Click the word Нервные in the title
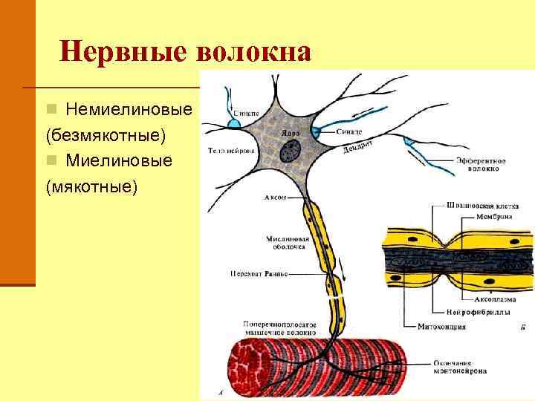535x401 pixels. [123, 51]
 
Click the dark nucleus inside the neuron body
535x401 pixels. [289, 151]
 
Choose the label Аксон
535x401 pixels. [273, 198]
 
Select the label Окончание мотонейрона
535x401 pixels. [458, 367]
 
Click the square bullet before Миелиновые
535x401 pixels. [51, 160]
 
